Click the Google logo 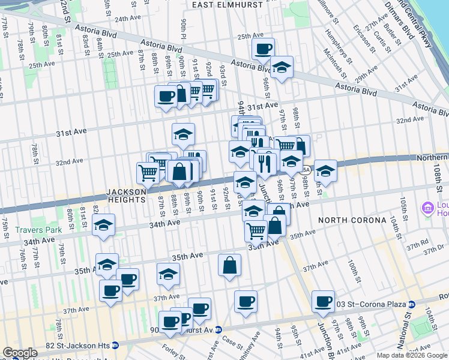(20, 353)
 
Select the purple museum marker (428, 208)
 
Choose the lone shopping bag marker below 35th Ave (230, 265)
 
